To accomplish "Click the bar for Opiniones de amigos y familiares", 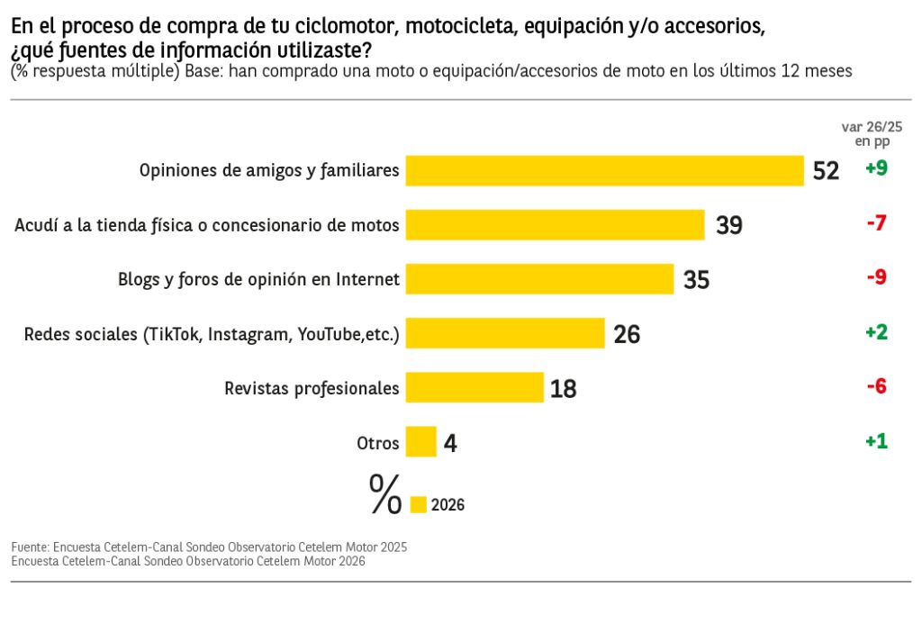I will [x=604, y=170].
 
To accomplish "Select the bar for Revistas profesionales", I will [x=475, y=388].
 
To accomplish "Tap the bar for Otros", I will [x=420, y=442].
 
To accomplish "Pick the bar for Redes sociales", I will [x=504, y=333].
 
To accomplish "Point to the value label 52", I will [x=826, y=171].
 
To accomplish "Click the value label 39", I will [x=729, y=225].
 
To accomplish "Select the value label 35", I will [x=696, y=280].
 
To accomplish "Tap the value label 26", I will [x=627, y=334].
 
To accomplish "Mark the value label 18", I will [x=563, y=389].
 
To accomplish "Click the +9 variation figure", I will [x=876, y=168].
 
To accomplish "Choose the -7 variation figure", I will [x=876, y=222].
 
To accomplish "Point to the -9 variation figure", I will [x=876, y=277].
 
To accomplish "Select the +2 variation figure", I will [x=876, y=332].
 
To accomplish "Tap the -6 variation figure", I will [x=876, y=386].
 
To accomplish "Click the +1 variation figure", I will [x=876, y=441].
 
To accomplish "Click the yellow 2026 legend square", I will [x=418, y=505].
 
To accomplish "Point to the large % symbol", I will [x=385, y=495].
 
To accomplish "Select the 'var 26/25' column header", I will [x=871, y=128].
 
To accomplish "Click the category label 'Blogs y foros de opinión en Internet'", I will [x=258, y=279].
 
